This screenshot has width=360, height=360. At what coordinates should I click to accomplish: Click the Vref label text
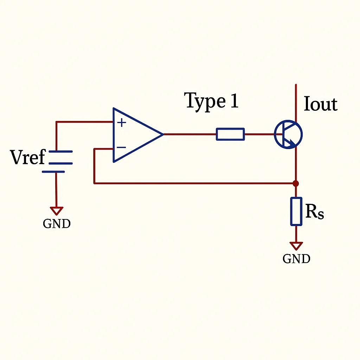pyautogui.click(x=28, y=157)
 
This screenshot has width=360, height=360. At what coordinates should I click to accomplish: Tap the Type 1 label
pyautogui.click(x=211, y=101)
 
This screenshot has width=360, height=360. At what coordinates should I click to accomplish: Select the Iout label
pyautogui.click(x=320, y=104)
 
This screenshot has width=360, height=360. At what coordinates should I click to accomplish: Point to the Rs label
pyautogui.click(x=314, y=212)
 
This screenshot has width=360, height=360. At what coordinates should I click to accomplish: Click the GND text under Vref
pyautogui.click(x=57, y=224)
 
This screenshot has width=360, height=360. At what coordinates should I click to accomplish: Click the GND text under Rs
pyautogui.click(x=296, y=259)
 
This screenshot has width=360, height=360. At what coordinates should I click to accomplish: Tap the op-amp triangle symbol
pyautogui.click(x=135, y=135)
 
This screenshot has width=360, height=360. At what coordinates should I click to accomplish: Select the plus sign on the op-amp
pyautogui.click(x=121, y=123)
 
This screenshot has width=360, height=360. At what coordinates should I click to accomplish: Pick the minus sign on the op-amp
pyautogui.click(x=121, y=148)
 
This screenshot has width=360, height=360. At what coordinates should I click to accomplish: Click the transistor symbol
pyautogui.click(x=288, y=134)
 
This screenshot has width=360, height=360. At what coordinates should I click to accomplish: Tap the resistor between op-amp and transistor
pyautogui.click(x=230, y=134)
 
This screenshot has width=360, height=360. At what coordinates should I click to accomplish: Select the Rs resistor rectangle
pyautogui.click(x=296, y=211)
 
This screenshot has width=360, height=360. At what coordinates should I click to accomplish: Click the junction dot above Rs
pyautogui.click(x=296, y=183)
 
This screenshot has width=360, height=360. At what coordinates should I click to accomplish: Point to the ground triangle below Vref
pyautogui.click(x=57, y=211)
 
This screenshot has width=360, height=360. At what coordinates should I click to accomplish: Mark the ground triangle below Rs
pyautogui.click(x=296, y=245)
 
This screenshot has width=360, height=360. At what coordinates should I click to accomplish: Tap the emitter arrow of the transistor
pyautogui.click(x=291, y=143)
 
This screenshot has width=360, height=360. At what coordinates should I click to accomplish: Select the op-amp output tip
pyautogui.click(x=162, y=134)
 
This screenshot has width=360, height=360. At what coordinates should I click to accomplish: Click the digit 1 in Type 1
pyautogui.click(x=234, y=101)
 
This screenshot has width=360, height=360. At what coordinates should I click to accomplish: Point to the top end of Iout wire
pyautogui.click(x=296, y=85)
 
